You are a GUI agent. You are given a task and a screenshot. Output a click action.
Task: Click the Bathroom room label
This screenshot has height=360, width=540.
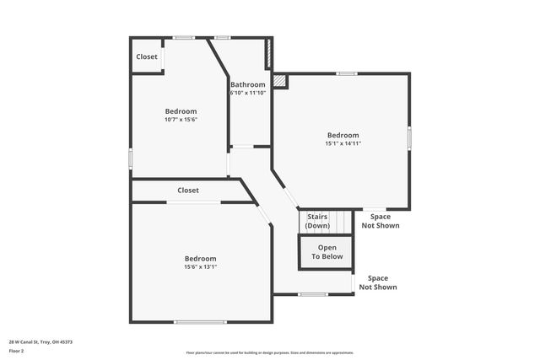click(x=248, y=84)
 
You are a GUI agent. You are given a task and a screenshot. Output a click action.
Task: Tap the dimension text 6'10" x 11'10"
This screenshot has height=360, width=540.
click(x=248, y=93)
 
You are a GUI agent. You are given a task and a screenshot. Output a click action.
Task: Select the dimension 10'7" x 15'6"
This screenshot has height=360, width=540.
click(x=181, y=120)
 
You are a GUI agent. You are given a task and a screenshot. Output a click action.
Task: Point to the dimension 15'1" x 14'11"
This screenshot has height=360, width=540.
click(x=343, y=143)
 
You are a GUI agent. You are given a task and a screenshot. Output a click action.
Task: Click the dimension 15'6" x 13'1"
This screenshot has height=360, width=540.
click(x=201, y=267)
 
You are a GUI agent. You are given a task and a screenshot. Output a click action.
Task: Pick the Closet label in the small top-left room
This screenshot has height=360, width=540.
click(x=147, y=57)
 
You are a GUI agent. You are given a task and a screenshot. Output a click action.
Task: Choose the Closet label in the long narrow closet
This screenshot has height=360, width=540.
click(x=188, y=191)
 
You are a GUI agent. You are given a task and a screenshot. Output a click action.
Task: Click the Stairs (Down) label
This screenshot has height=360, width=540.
click(x=318, y=221)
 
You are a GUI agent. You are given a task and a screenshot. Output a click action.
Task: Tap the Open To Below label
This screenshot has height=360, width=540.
click(x=327, y=252)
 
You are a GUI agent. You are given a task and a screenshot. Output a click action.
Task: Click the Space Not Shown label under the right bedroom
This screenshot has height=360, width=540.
click(x=381, y=221)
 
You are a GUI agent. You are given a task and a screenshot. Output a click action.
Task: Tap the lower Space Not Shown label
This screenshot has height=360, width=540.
click(x=378, y=282)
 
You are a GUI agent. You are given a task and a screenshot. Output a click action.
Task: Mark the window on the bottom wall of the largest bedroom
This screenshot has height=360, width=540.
click(x=200, y=321)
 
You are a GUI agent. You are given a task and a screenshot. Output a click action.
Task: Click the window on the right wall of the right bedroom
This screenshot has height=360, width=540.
click(x=410, y=138)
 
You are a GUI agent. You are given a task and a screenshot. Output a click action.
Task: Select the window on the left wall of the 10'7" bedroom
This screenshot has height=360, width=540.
click(x=131, y=158)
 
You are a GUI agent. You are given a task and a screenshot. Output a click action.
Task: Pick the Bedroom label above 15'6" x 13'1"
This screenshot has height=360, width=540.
click(x=201, y=258)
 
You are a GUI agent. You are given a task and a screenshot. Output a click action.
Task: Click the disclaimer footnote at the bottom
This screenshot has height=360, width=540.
click(x=270, y=353)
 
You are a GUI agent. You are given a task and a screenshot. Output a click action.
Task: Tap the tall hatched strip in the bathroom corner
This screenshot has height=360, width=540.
click(x=268, y=53)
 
